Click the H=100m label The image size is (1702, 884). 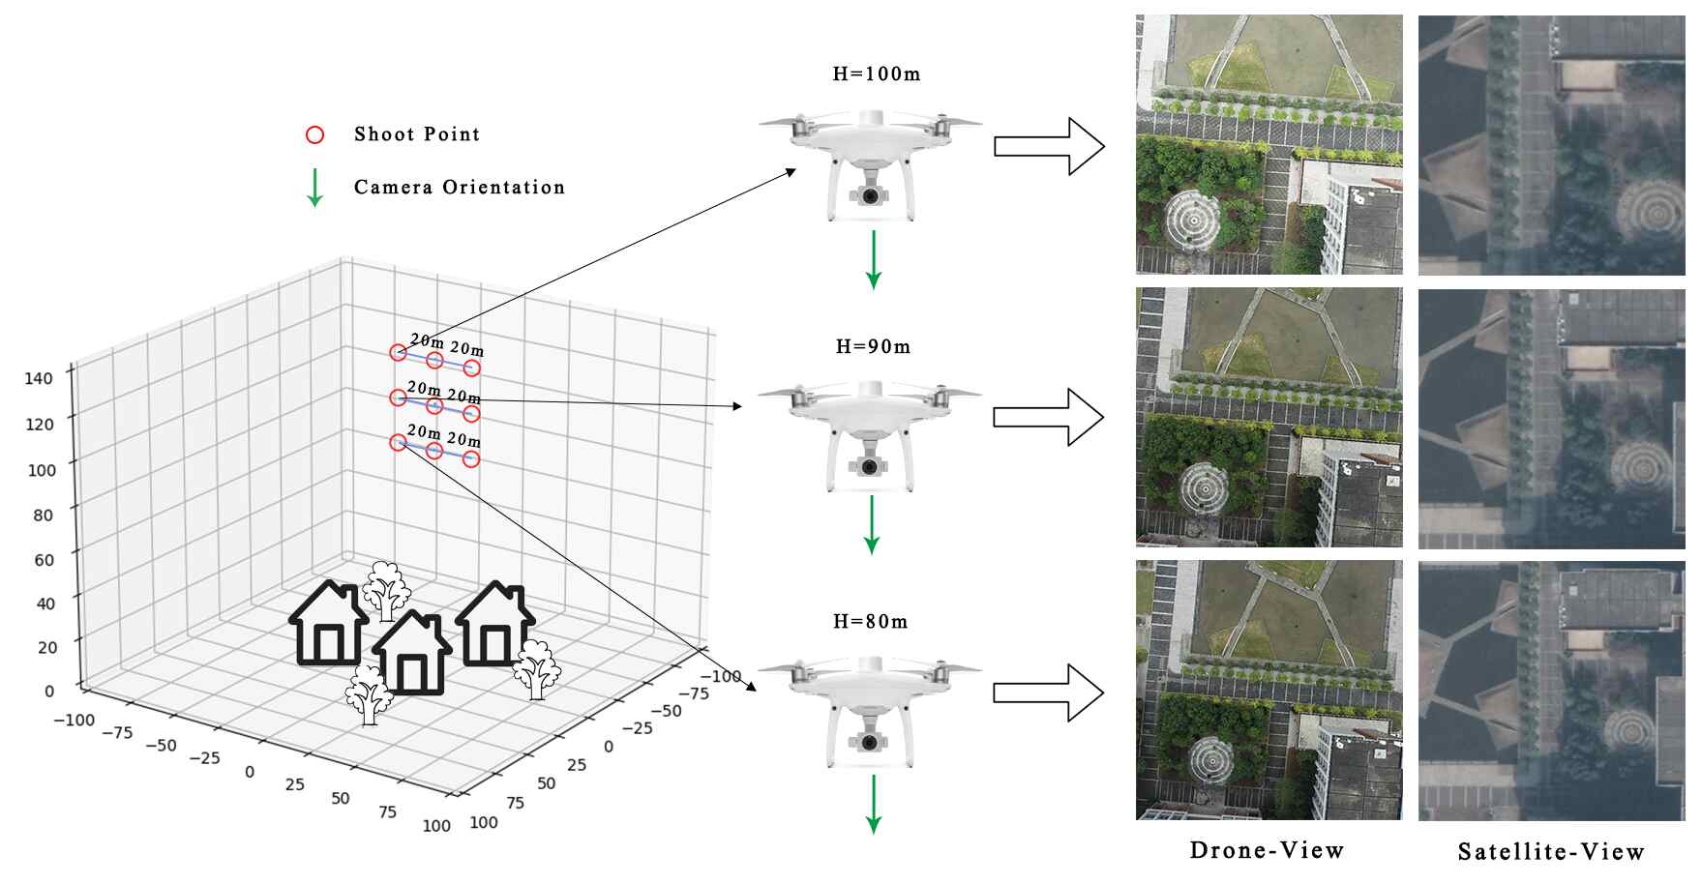(x=876, y=74)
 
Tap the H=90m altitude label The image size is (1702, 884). (x=873, y=347)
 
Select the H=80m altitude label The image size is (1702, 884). (x=871, y=622)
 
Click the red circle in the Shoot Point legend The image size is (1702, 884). (x=314, y=135)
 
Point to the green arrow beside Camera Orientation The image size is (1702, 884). (x=314, y=188)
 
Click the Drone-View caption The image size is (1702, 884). (x=1267, y=850)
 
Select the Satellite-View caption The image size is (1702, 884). (x=1551, y=852)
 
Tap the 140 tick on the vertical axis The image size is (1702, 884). (x=39, y=378)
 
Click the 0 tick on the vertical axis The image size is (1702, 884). (x=49, y=692)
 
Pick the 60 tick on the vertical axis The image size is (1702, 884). (x=44, y=560)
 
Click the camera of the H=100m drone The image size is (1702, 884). (x=871, y=196)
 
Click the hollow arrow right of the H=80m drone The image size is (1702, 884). (x=1049, y=692)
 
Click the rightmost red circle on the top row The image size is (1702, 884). (x=471, y=368)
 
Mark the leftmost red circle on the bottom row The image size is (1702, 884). (x=397, y=443)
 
